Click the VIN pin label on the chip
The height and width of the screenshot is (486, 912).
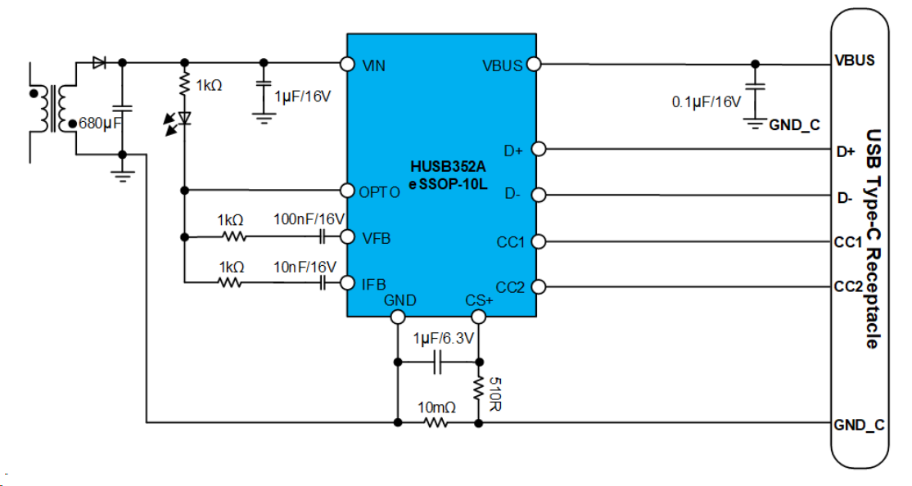374,65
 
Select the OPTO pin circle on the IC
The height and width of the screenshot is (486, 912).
346,191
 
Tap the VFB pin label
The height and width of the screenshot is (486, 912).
376,238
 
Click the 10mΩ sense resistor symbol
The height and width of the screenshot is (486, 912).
436,423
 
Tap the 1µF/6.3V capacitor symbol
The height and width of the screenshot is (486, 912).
437,361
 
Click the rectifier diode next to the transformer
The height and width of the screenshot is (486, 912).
99,62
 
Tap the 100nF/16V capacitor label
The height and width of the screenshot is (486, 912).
309,219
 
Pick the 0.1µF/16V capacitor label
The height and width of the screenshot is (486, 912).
706,102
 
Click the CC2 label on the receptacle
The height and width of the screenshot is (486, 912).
848,286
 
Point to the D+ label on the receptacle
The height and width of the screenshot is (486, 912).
845,151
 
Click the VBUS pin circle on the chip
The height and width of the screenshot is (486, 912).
533,64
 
